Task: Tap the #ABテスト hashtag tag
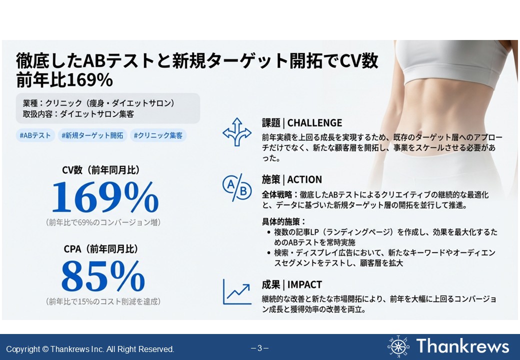(35, 135)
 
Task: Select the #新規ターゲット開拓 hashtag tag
(92, 135)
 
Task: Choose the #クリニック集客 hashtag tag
(158, 135)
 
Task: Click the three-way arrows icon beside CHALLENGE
(237, 132)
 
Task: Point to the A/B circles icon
(237, 187)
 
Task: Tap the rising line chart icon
(237, 291)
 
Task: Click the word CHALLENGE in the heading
(314, 123)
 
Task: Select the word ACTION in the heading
(304, 179)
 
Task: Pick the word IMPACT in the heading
(304, 284)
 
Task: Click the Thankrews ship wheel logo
(398, 346)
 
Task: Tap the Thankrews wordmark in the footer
(462, 346)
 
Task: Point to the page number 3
(259, 348)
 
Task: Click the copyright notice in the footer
(90, 349)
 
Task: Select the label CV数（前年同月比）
(100, 170)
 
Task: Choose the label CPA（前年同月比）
(100, 249)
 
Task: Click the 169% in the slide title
(89, 80)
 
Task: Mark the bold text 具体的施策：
(283, 221)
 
